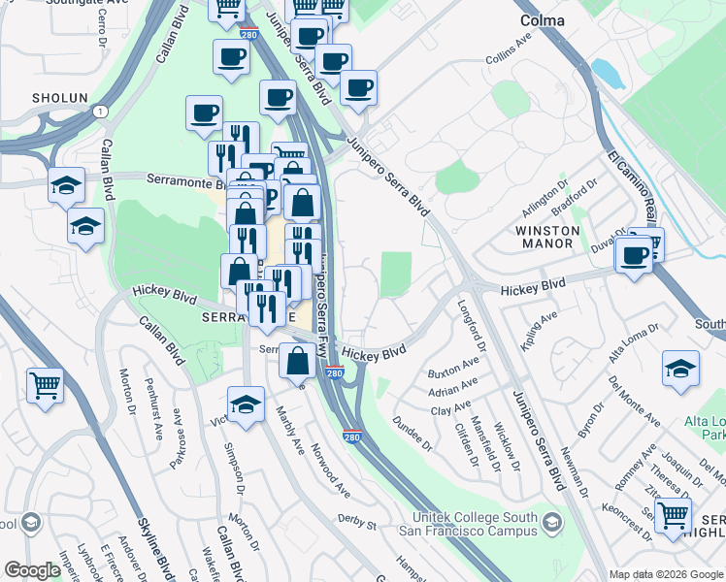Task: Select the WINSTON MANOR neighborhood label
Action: click(x=547, y=239)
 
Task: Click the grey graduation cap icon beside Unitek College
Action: click(x=552, y=523)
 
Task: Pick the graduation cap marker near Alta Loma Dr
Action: click(x=680, y=368)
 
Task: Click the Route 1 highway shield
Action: click(x=100, y=112)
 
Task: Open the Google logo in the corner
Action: click(x=31, y=570)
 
